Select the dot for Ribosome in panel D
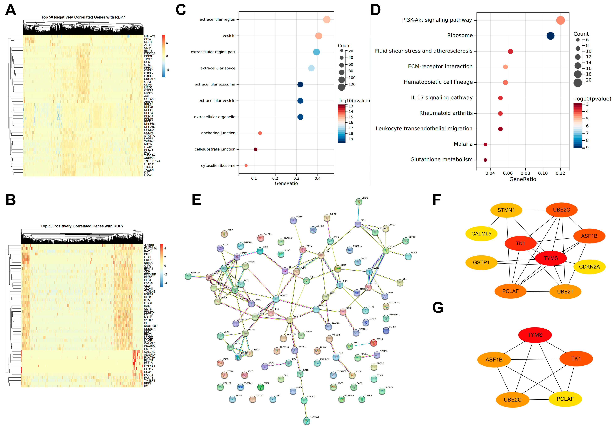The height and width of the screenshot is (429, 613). click(x=550, y=36)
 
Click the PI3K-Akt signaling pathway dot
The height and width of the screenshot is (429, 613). click(x=560, y=20)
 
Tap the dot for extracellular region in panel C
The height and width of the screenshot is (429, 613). click(x=327, y=19)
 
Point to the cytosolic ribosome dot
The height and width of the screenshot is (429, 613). click(x=246, y=166)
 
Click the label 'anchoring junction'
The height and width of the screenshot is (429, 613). click(x=218, y=133)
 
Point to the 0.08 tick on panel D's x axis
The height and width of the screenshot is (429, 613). click(x=525, y=173)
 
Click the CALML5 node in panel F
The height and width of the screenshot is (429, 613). click(x=481, y=234)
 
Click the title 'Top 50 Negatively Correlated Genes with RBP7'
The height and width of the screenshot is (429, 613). click(x=83, y=17)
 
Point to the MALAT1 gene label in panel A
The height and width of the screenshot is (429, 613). click(x=150, y=36)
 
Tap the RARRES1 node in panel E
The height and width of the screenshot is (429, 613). click(x=307, y=421)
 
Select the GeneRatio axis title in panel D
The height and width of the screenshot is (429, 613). click(x=523, y=179)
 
